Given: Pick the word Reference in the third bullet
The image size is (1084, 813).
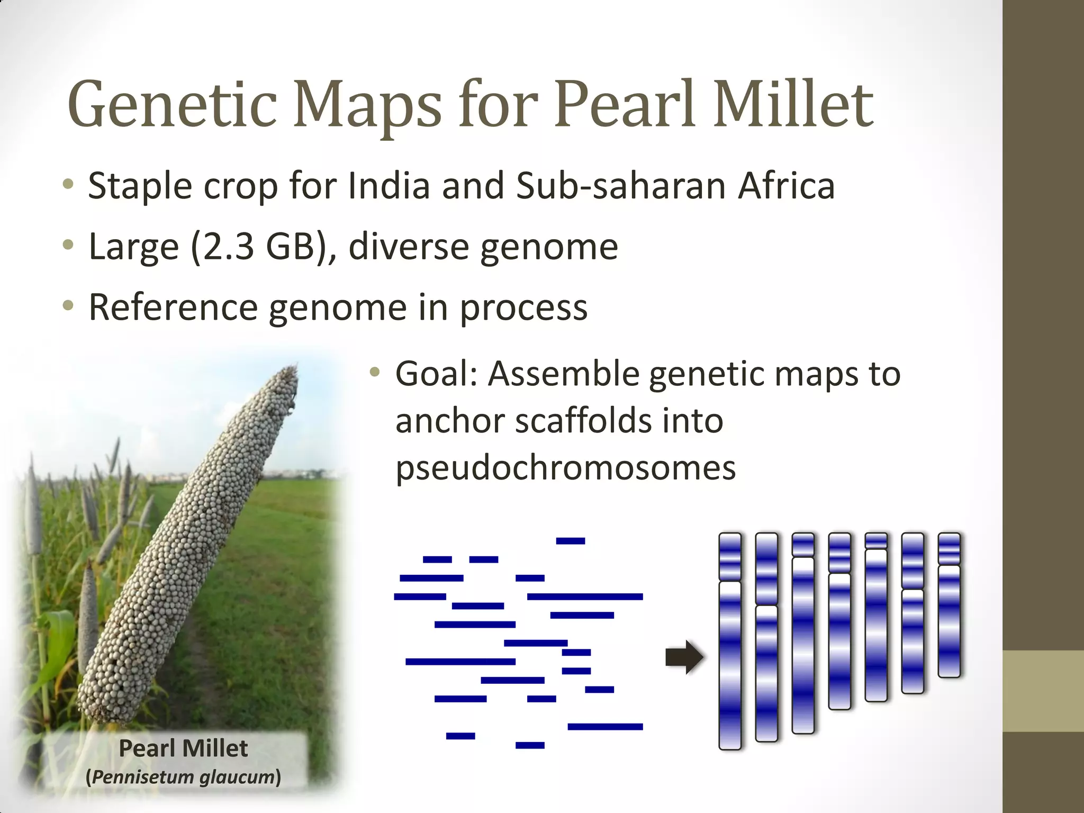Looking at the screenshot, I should point(173,307).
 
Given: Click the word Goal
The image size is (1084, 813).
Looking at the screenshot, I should point(437,374).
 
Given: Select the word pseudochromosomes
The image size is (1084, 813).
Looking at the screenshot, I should point(565,468).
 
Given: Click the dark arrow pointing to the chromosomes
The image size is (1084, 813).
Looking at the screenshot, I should point(684,657).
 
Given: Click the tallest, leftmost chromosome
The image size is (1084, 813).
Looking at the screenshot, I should point(730,640).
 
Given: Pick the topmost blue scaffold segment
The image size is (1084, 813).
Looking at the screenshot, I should point(570,541).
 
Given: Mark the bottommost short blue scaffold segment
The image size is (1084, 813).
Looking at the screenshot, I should point(529,745).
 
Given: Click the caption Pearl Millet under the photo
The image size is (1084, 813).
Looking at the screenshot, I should point(183,748).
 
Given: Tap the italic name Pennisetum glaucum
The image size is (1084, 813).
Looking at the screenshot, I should point(183,777).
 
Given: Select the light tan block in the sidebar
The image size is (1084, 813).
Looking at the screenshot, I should point(1043,691).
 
